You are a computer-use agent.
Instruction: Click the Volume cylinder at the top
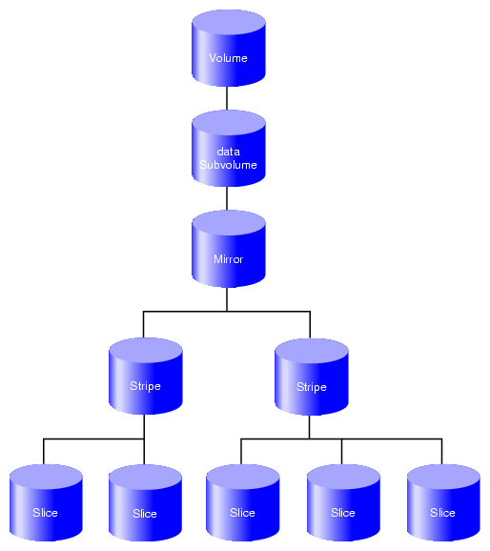click(229, 48)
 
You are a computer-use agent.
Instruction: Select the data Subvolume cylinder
click(229, 149)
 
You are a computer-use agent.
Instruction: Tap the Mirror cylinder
click(229, 249)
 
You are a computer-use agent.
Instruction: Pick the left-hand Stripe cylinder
click(146, 376)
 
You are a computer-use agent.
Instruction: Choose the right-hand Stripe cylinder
click(312, 377)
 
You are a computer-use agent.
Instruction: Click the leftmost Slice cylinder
click(46, 502)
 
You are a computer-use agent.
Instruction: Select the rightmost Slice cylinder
click(443, 502)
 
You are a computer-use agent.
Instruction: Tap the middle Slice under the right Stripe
click(343, 502)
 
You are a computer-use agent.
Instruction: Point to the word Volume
click(228, 58)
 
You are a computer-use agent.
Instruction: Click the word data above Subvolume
click(229, 152)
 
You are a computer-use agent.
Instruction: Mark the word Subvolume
click(228, 165)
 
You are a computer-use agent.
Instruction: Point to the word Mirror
click(228, 259)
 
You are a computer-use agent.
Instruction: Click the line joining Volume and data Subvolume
click(227, 98)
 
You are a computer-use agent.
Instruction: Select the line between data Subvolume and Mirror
click(227, 198)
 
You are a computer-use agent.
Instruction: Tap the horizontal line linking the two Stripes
click(227, 312)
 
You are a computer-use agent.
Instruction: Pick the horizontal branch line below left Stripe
click(93, 439)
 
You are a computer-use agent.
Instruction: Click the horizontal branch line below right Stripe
click(341, 439)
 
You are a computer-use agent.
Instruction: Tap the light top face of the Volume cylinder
click(229, 23)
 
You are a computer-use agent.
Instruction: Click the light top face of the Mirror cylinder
click(229, 223)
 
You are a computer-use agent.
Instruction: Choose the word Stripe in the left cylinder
click(145, 386)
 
